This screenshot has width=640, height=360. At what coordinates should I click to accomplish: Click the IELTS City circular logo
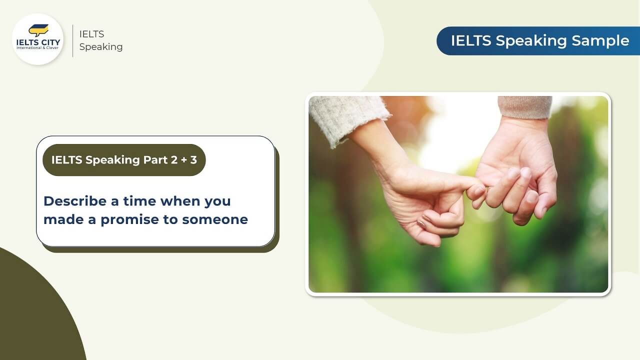[x=37, y=39]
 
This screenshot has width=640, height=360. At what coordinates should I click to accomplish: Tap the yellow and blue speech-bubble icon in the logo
[x=38, y=30]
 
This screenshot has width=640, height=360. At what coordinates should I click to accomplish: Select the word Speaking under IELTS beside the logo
[x=100, y=47]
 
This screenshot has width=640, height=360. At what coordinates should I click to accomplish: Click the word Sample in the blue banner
[x=605, y=41]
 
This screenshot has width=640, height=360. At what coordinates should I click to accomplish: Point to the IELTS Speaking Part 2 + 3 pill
[x=124, y=160]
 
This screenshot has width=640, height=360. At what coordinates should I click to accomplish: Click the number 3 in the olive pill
[x=193, y=160]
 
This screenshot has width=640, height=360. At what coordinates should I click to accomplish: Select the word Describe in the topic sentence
[x=74, y=201]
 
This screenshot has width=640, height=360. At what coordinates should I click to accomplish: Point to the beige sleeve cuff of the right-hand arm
[x=525, y=106]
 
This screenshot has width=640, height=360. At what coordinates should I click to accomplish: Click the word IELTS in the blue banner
[x=471, y=41]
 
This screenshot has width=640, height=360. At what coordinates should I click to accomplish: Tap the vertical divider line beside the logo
[x=73, y=40]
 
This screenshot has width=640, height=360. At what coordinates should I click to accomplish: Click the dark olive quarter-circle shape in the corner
[x=30, y=315]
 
